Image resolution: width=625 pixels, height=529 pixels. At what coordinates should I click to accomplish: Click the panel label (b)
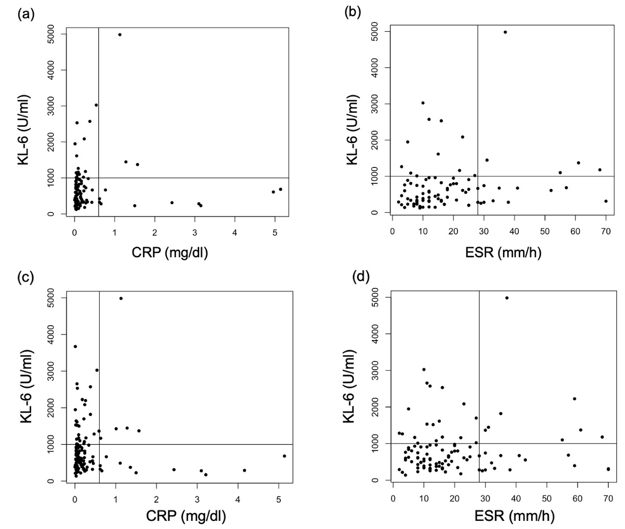353,11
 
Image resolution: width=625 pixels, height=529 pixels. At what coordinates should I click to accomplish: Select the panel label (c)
26,278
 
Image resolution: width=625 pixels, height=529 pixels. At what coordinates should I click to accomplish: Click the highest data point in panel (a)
119,35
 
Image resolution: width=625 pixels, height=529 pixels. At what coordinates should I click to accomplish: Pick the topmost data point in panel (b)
505,32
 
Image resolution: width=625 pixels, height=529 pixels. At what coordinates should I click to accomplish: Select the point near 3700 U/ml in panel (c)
75,347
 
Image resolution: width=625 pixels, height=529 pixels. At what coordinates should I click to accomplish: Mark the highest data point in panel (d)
507,298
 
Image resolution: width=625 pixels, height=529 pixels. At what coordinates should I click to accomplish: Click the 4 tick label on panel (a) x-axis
235,233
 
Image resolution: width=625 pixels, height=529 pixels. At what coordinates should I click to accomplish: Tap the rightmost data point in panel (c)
284,456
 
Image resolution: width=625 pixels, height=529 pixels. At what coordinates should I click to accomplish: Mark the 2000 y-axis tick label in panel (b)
376,140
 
